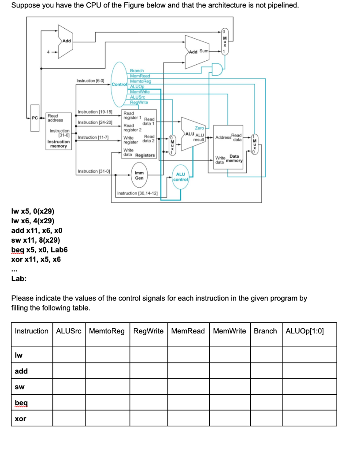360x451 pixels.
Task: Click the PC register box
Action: tap(34, 117)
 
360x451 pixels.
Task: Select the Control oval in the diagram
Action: tap(119, 84)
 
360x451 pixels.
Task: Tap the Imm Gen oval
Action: tap(139, 175)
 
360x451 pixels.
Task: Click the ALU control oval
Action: tap(181, 177)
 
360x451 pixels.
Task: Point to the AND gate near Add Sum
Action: tap(216, 68)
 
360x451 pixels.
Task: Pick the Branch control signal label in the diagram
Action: tap(137, 70)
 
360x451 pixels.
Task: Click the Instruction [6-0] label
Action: tap(90, 81)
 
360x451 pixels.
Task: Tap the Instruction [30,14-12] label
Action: tap(137, 193)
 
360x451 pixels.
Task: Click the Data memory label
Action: tap(234, 159)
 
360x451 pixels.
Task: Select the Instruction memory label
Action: tap(58, 144)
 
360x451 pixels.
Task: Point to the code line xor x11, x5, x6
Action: tap(36, 259)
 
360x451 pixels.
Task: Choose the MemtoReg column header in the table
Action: tap(107, 331)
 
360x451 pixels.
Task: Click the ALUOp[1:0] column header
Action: tap(304, 331)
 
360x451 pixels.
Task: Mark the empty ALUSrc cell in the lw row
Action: tap(69, 355)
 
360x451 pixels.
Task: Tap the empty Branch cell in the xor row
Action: tap(265, 418)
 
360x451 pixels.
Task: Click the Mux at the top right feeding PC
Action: tap(224, 42)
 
